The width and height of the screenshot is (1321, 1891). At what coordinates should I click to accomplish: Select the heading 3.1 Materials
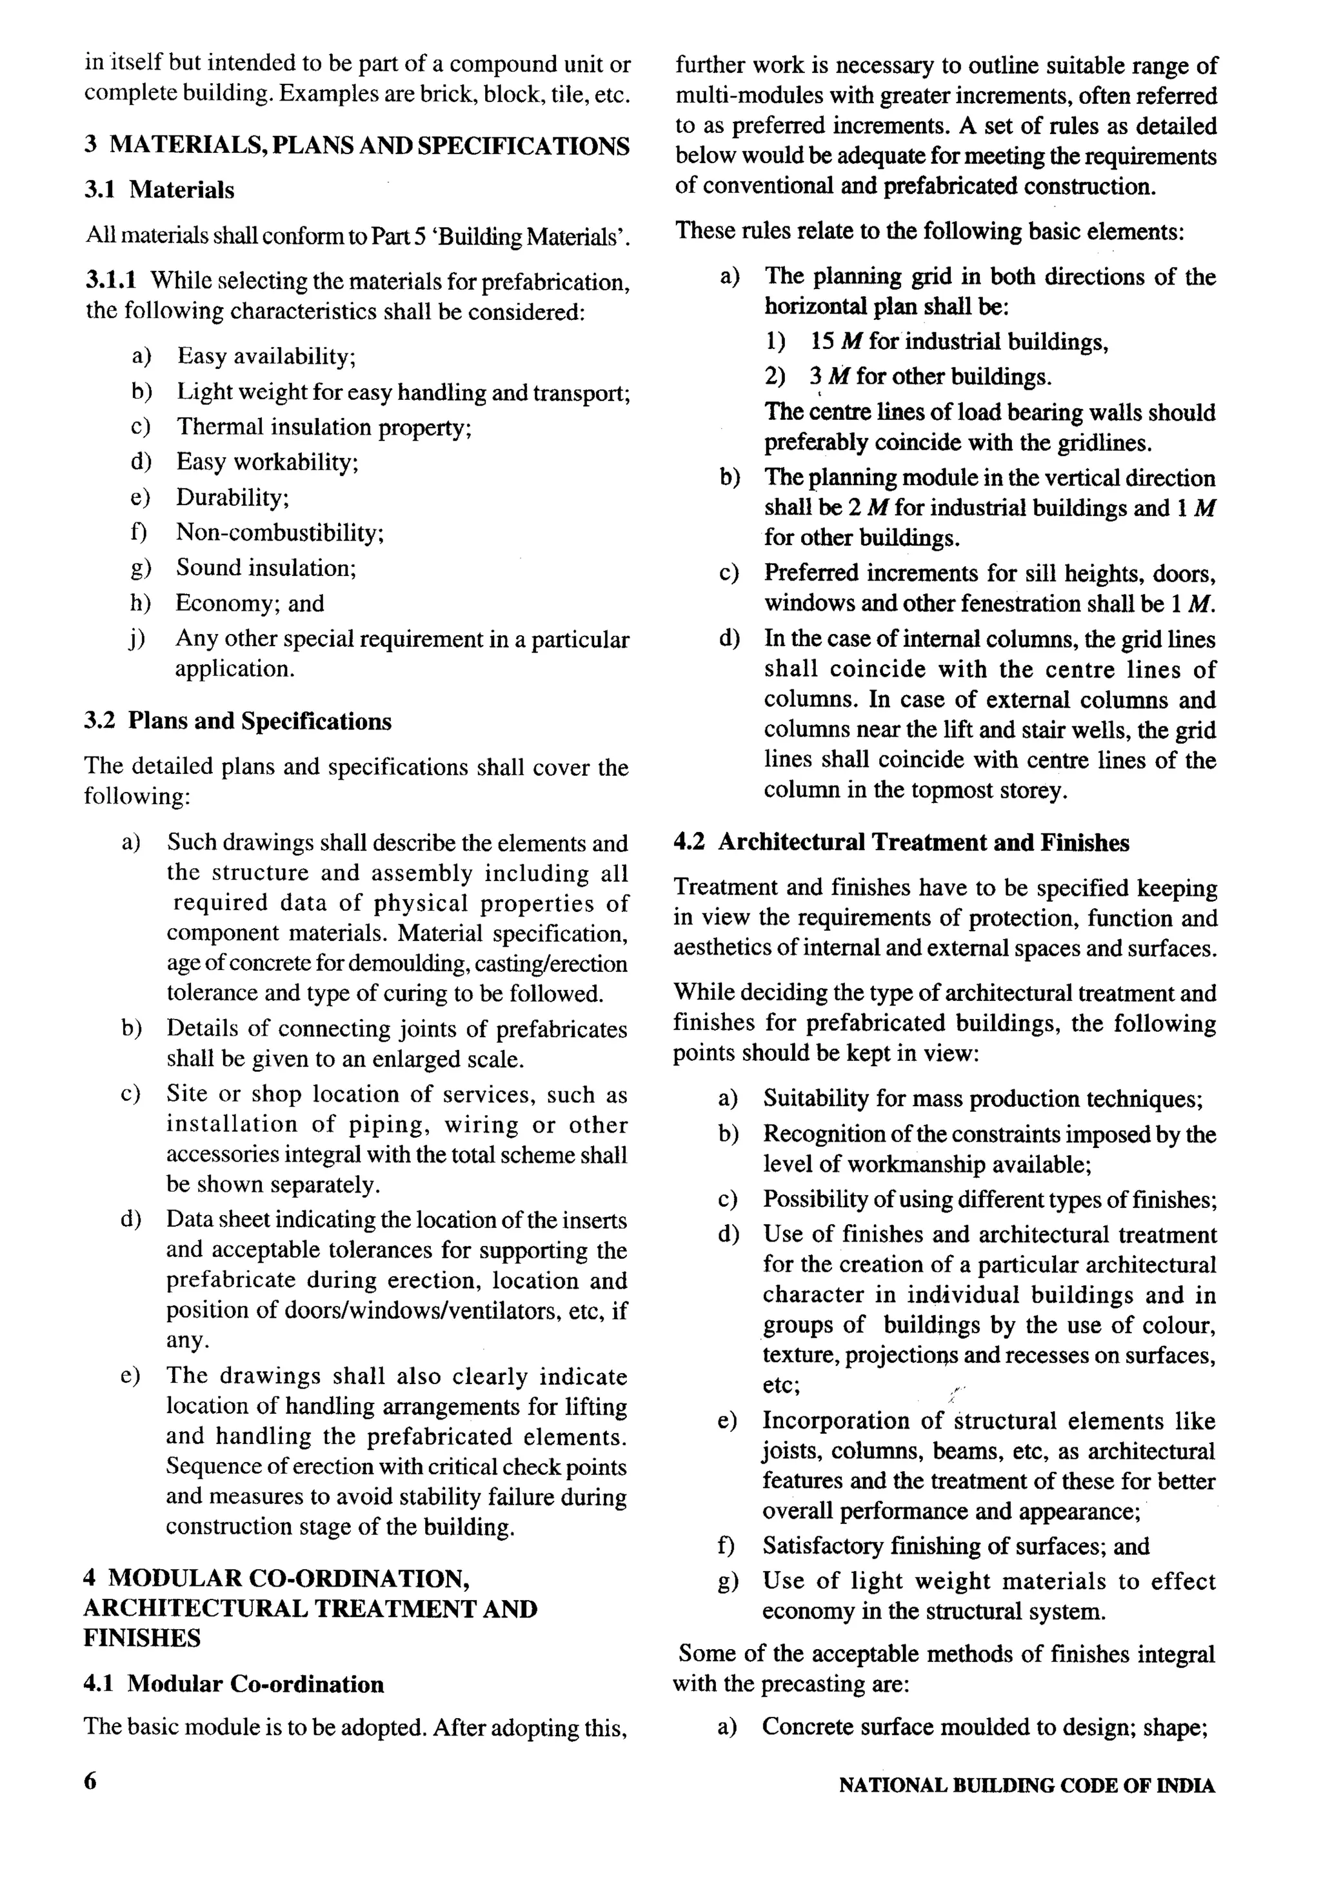coord(159,190)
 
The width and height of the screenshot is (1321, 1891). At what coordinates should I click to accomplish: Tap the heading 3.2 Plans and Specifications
coord(237,722)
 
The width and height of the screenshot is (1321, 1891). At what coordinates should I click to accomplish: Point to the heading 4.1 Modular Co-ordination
coord(234,1684)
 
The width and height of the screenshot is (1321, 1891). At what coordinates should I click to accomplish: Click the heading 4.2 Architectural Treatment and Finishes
coord(901,842)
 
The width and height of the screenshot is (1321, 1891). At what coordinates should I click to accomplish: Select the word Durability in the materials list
coord(232,497)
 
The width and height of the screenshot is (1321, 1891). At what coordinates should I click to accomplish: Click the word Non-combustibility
coord(279,533)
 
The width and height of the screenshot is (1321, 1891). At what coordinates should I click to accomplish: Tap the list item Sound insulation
coord(265,568)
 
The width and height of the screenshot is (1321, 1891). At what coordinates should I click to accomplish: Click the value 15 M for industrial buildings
coord(958,342)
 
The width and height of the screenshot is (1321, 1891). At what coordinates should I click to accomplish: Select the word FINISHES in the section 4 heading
coord(142,1638)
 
